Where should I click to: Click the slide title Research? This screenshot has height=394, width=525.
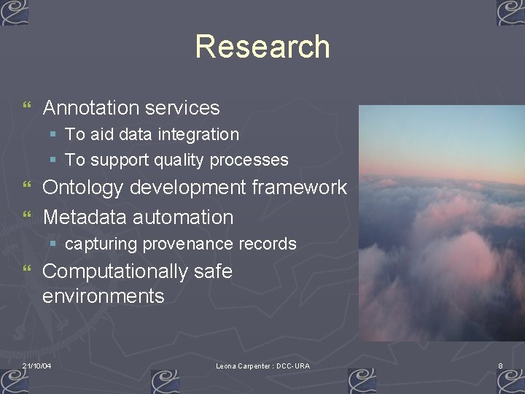click(x=262, y=47)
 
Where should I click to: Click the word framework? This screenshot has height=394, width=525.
click(x=299, y=188)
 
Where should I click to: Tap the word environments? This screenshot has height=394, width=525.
click(x=104, y=296)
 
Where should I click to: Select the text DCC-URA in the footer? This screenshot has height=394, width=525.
click(x=293, y=366)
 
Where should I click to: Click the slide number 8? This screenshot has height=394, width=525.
click(x=500, y=366)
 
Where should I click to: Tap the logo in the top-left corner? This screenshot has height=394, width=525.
click(x=14, y=12)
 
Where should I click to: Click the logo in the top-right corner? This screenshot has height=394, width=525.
click(x=510, y=12)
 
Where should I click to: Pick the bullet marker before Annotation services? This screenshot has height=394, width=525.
click(x=27, y=108)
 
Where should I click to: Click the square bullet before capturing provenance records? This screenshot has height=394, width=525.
click(x=53, y=244)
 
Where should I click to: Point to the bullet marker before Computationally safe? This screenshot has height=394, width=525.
click(x=27, y=271)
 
